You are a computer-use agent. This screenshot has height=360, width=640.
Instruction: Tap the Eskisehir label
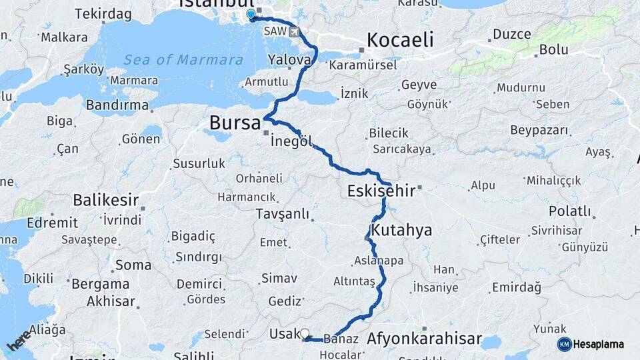[381, 191]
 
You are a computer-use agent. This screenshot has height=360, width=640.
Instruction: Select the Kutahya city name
[402, 231]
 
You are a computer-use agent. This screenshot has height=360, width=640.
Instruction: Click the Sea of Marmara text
[184, 60]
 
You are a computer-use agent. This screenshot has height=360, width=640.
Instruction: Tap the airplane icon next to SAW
[295, 31]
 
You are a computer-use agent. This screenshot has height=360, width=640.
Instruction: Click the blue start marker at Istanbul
[251, 14]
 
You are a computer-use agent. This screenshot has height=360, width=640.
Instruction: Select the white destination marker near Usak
[305, 333]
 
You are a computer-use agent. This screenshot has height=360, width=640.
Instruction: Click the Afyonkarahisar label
[424, 339]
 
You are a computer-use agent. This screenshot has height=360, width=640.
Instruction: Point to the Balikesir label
[105, 199]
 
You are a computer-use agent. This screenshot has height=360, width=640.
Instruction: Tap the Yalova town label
[289, 60]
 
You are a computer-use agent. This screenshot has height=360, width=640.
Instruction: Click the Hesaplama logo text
[598, 344]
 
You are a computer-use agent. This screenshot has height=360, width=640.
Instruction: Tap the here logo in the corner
[19, 339]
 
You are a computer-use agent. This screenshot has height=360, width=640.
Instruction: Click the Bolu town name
[553, 49]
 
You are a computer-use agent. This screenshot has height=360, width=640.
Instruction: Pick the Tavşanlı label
[283, 214]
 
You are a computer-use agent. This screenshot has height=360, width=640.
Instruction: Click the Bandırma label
[117, 105]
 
